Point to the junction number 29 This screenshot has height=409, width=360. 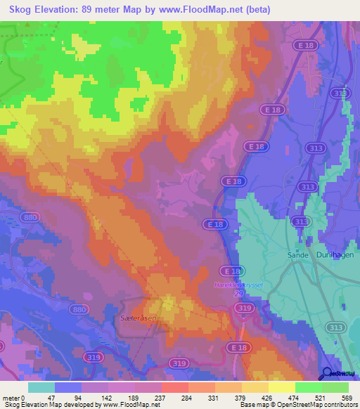[x=238, y=293]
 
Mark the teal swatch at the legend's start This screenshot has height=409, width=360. [x=41, y=387]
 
